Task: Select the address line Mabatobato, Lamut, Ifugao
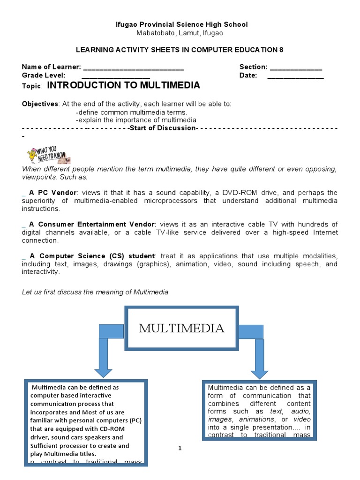click(x=180, y=33)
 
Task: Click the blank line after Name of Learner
click(x=133, y=67)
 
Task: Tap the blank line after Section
click(x=296, y=67)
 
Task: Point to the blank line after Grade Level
click(x=116, y=76)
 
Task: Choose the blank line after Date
click(x=295, y=76)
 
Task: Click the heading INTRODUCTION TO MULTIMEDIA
click(x=124, y=85)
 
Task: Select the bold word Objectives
click(x=40, y=104)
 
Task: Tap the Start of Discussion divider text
click(x=162, y=128)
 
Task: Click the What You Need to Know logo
click(x=46, y=155)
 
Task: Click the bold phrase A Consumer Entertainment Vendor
click(x=92, y=225)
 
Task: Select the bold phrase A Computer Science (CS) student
click(x=92, y=256)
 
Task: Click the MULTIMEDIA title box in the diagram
click(x=182, y=328)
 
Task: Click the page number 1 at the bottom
click(x=180, y=449)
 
